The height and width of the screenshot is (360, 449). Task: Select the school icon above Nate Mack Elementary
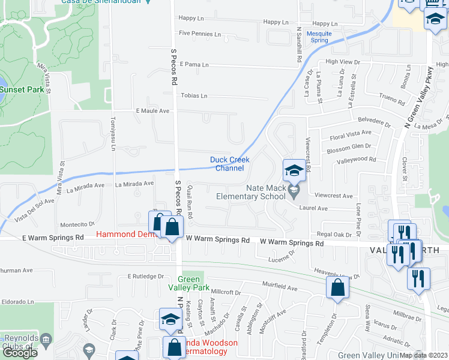pos(294,170)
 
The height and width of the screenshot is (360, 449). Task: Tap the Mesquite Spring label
pos(318,37)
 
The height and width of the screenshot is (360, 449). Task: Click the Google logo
pos(20,353)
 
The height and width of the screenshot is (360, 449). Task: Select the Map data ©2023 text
pos(423,355)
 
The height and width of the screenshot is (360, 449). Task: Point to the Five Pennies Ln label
pos(200,34)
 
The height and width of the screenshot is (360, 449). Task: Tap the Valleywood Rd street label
pos(356,160)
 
